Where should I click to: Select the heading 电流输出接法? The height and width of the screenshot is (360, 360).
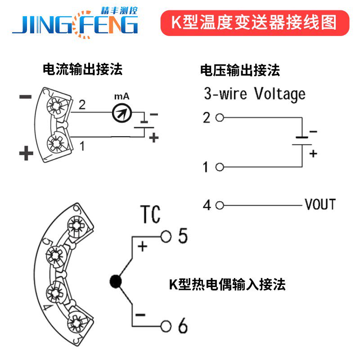(82, 69)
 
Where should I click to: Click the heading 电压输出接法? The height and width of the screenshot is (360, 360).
(240, 70)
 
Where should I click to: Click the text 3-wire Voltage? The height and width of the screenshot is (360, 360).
(254, 94)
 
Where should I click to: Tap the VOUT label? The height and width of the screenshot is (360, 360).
(320, 205)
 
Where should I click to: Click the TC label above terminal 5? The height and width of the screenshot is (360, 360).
(150, 215)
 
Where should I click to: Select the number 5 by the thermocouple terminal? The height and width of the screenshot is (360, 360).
(182, 236)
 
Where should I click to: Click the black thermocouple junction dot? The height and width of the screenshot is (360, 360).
(116, 282)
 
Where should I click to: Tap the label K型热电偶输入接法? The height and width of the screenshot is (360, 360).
(227, 284)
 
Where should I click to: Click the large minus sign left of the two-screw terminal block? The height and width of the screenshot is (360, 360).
(26, 97)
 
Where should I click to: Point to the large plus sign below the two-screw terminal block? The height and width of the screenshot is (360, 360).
(26, 154)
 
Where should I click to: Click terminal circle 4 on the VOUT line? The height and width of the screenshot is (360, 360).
(220, 205)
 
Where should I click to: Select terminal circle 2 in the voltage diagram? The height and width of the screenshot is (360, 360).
(220, 118)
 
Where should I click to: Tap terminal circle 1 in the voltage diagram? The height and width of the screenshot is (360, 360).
(220, 167)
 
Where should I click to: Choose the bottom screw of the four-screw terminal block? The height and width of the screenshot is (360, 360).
(75, 323)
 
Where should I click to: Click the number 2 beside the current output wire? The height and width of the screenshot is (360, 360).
(81, 105)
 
